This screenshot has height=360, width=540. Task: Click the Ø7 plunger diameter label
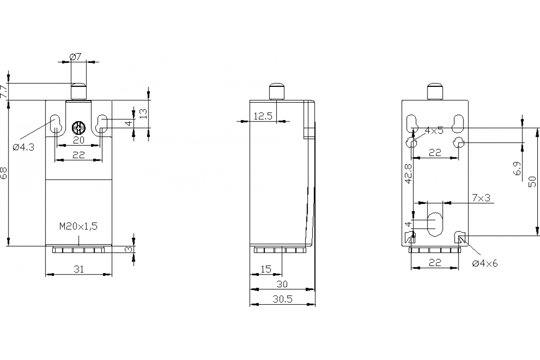coord(75,57)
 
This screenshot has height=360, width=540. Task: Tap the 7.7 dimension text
coord(4,92)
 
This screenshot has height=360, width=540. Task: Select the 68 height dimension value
coord(4,173)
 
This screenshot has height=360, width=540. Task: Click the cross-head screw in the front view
coord(79,129)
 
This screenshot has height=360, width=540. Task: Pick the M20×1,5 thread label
coord(78,226)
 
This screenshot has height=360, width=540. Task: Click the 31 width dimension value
coord(79,269)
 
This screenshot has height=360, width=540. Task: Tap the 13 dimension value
coord(143,113)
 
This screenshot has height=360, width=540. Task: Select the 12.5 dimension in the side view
coord(263,116)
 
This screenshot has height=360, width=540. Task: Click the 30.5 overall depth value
coord(283,299)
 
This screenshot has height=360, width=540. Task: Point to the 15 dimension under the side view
coord(266,269)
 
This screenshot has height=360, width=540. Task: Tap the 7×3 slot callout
coord(481,198)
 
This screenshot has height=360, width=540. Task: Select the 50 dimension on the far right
coord(532,181)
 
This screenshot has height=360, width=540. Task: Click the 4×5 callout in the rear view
coord(434,131)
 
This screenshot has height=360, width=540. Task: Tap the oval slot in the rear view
coord(435,224)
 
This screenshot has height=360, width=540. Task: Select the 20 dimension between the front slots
coord(79,140)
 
